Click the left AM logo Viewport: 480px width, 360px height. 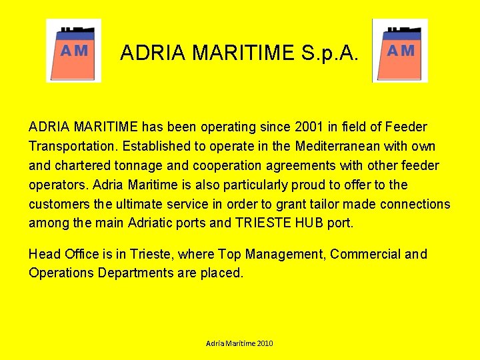click(73, 51)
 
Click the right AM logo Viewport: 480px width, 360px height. click(400, 51)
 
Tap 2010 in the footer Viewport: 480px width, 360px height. click(263, 343)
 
